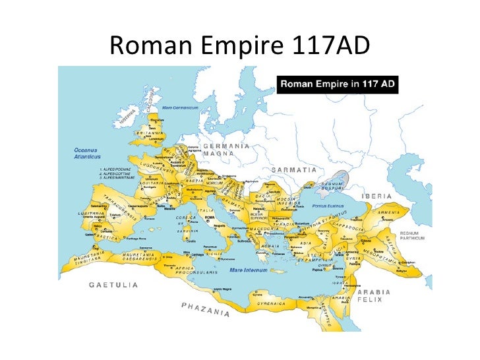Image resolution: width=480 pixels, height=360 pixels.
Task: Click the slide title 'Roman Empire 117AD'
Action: pyautogui.click(x=240, y=44)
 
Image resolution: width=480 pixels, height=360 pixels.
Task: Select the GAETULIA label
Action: pyautogui.click(x=114, y=285)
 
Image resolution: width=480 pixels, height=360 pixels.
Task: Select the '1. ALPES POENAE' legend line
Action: pyautogui.click(x=107, y=169)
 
